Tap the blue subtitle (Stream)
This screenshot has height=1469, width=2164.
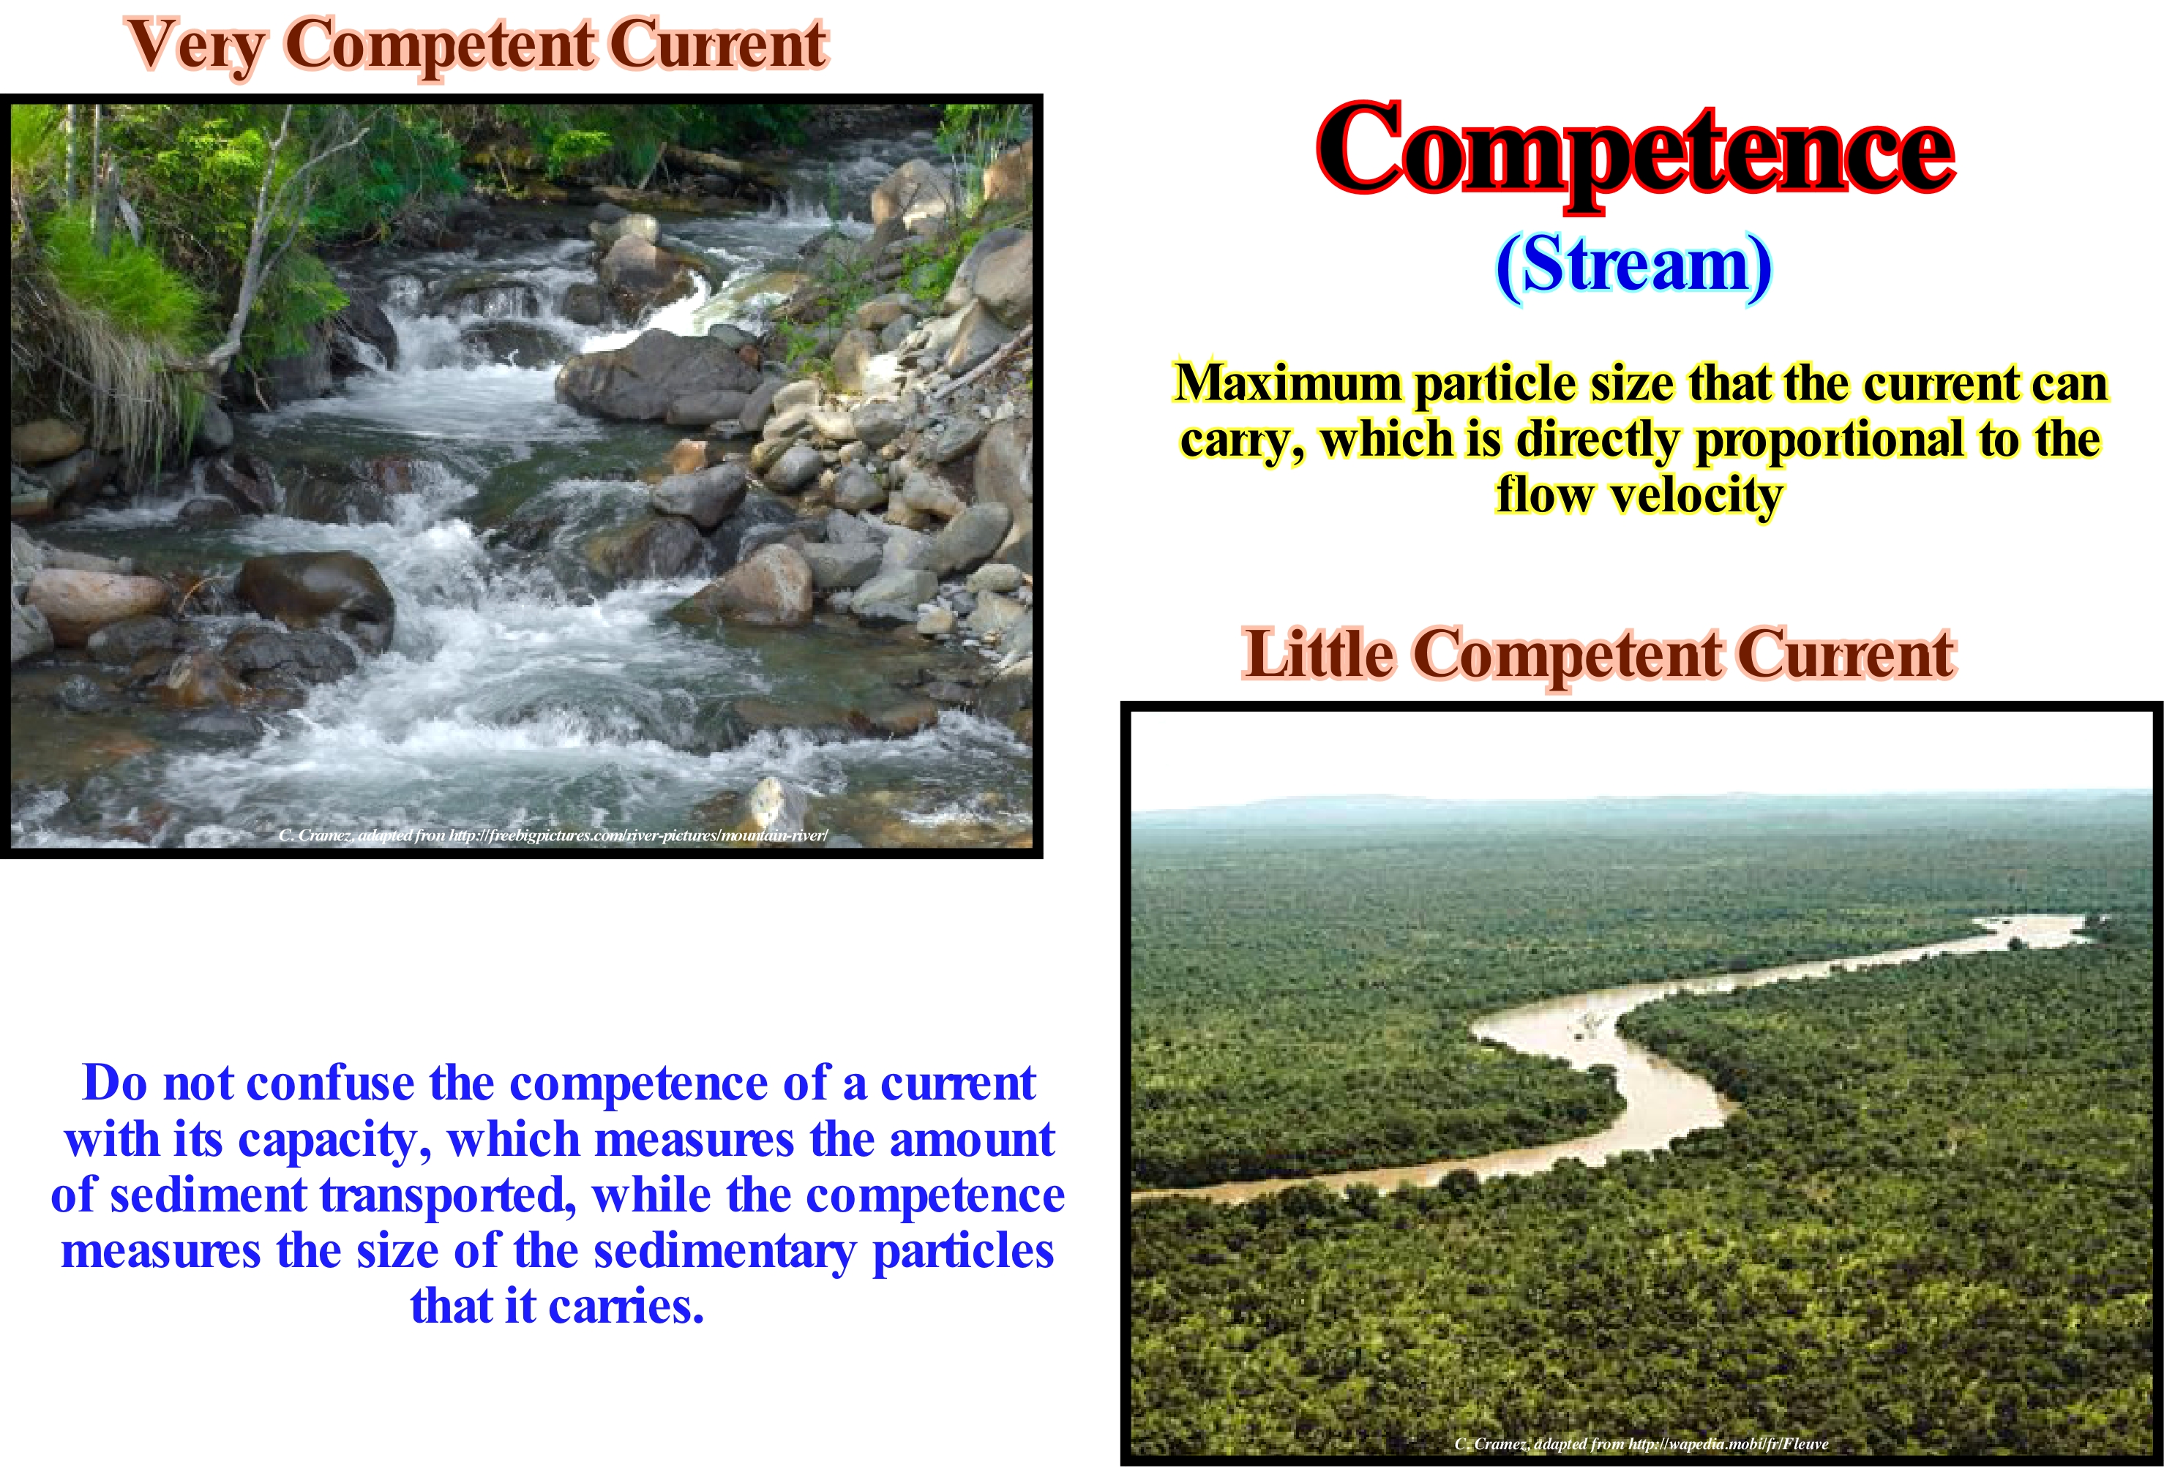(x=1633, y=266)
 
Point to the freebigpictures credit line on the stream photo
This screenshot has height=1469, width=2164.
(x=553, y=835)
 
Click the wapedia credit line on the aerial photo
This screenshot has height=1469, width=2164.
(x=1641, y=1444)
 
